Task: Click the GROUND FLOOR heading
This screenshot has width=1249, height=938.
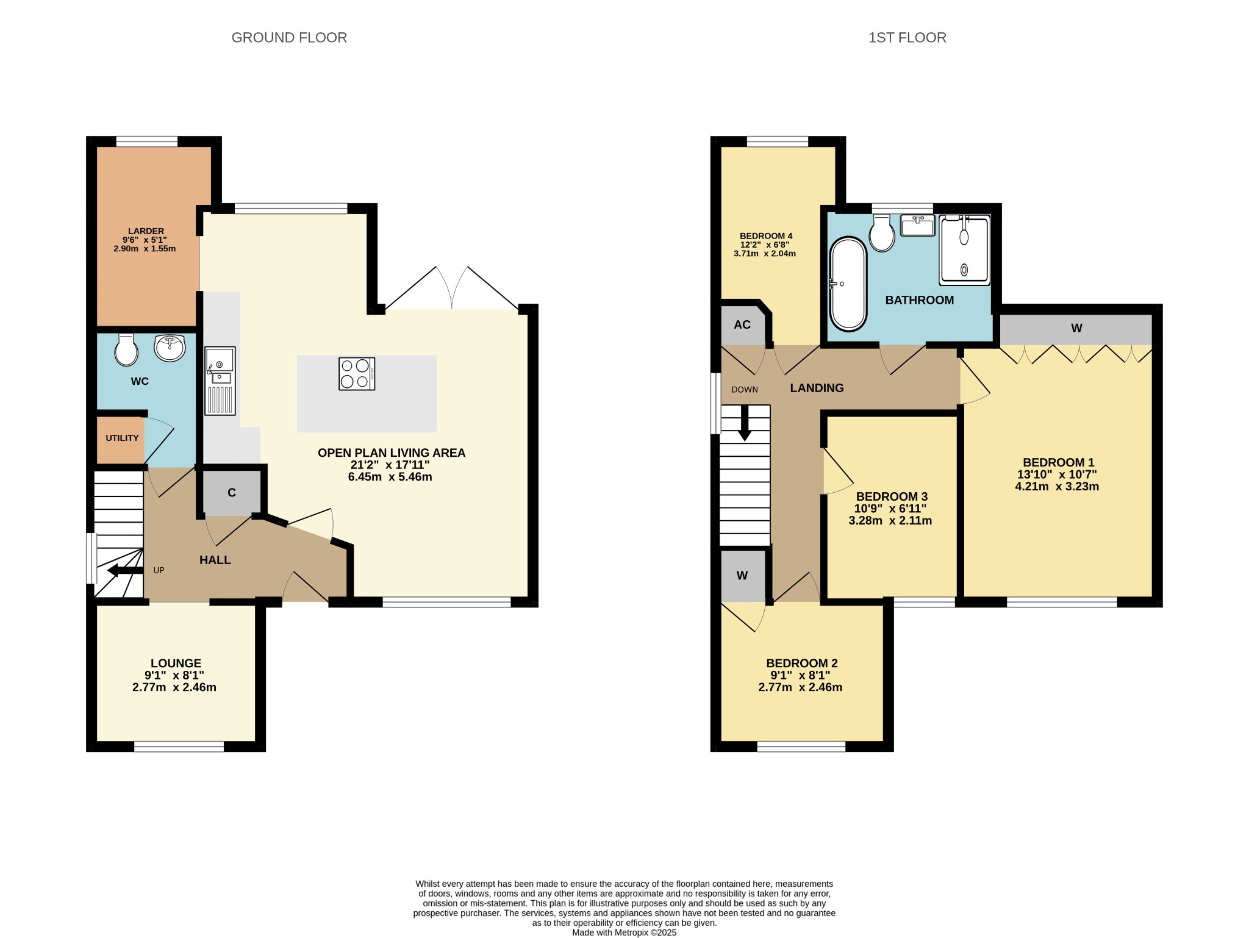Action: [289, 38]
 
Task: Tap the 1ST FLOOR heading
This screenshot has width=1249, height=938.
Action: [907, 38]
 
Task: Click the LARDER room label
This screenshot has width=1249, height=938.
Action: [146, 231]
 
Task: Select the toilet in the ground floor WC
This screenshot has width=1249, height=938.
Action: [126, 349]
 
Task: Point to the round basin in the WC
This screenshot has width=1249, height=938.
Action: [170, 348]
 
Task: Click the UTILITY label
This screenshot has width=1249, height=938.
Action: [122, 438]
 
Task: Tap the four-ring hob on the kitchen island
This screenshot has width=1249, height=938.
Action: [357, 374]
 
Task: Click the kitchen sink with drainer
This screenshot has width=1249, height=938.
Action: [220, 381]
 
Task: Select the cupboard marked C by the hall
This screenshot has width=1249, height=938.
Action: [232, 492]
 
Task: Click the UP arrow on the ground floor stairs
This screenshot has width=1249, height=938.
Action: [125, 571]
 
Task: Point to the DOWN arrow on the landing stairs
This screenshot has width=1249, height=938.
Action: [745, 423]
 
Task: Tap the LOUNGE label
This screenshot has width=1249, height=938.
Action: [176, 663]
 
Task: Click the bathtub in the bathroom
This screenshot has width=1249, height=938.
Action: [848, 284]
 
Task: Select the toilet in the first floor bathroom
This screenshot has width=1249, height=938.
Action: [882, 233]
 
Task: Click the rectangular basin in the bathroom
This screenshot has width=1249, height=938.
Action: [918, 225]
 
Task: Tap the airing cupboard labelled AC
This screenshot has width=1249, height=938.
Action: [743, 325]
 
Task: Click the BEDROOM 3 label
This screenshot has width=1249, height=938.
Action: [892, 496]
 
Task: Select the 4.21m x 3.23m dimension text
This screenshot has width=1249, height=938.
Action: [1057, 487]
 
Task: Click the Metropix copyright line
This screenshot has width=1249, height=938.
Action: [624, 933]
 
